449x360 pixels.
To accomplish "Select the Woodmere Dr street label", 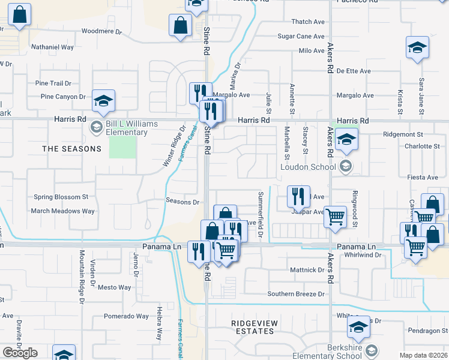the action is point(101,31).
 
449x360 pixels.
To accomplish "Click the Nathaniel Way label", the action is point(52,47).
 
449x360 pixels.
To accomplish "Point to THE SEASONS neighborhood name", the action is point(71,148).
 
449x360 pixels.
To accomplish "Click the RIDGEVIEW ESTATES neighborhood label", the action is point(255,327).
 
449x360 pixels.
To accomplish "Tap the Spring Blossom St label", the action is point(61,197).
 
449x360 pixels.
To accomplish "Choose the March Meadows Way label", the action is point(62,211).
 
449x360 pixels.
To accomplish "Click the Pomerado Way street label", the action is point(126,316).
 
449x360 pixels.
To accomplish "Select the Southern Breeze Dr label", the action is point(296,294).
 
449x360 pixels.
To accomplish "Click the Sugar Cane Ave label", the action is point(301,37).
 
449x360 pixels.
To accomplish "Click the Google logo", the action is point(20,353).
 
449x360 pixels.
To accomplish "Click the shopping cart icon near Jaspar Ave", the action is point(336,216).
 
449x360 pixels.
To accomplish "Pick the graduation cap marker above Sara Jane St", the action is point(417,48).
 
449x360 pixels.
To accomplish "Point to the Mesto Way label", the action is point(115,287).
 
